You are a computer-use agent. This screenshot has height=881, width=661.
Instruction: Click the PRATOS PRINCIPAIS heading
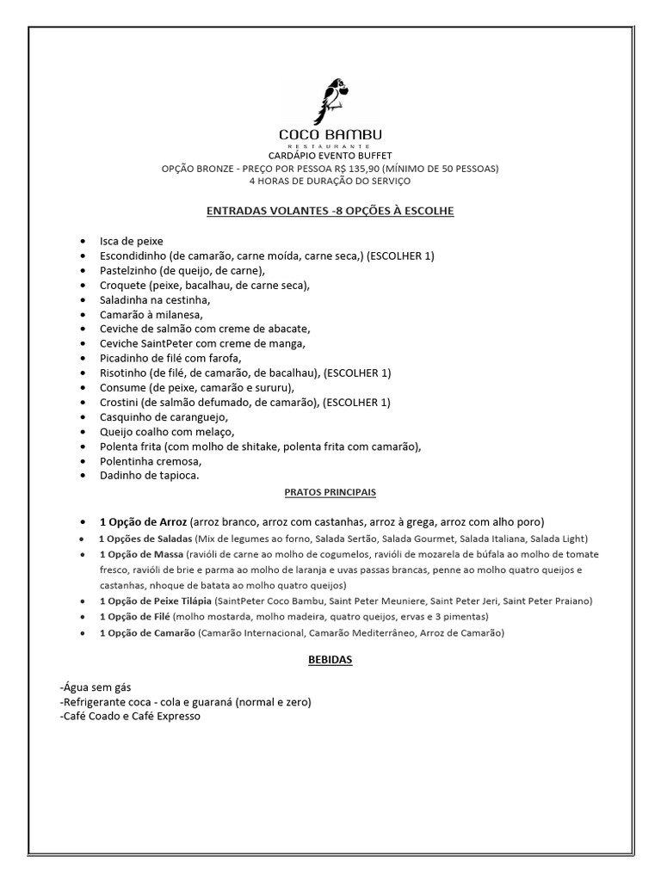click(330, 493)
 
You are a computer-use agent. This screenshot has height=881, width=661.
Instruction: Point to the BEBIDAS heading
click(330, 660)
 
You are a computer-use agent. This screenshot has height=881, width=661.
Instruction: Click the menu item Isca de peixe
click(132, 241)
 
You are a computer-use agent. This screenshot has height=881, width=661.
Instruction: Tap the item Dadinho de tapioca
click(150, 475)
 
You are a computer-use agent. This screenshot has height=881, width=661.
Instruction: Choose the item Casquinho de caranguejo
click(158, 416)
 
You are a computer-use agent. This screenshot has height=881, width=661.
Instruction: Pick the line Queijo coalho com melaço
click(167, 431)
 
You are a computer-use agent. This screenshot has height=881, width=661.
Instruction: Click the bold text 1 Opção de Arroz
click(144, 522)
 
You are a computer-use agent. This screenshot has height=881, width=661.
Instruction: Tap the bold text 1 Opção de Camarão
click(146, 633)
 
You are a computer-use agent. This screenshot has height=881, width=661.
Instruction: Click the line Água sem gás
click(95, 689)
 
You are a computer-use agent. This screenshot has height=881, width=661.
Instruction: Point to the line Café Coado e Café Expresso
click(130, 715)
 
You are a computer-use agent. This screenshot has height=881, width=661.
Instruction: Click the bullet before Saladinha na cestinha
click(82, 300)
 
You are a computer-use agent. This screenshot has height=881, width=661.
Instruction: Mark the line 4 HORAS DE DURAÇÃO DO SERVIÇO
click(330, 181)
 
